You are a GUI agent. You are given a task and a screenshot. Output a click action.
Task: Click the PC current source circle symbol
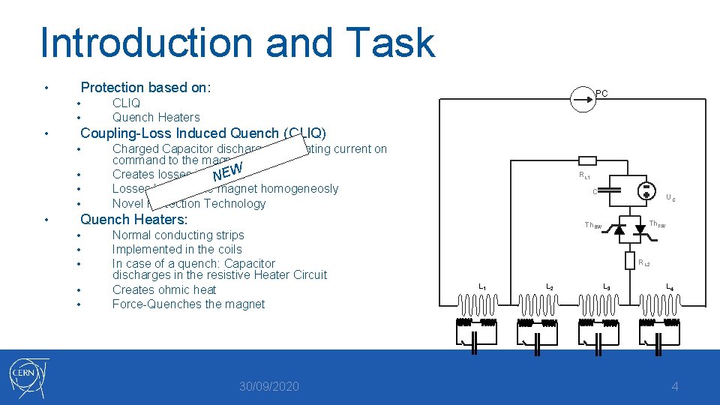[x=580, y=98]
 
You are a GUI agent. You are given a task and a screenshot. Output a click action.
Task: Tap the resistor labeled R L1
[x=588, y=160]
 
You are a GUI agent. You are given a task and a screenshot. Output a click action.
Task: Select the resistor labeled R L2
[x=630, y=259]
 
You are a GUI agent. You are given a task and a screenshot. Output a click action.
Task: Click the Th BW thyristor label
[x=592, y=226]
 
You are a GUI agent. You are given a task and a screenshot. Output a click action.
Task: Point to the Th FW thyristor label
[x=657, y=224]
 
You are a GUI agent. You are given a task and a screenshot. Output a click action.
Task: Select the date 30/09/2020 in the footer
[x=268, y=386]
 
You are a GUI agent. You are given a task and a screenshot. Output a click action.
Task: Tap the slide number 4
[x=675, y=386]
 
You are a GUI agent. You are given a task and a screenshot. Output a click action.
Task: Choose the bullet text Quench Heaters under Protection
[x=156, y=117]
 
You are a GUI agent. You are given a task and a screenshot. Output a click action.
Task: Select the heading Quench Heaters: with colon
[x=133, y=219]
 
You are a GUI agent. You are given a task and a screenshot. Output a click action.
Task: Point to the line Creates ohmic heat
[x=164, y=289]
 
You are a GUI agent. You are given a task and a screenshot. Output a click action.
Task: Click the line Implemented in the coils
[x=177, y=249]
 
